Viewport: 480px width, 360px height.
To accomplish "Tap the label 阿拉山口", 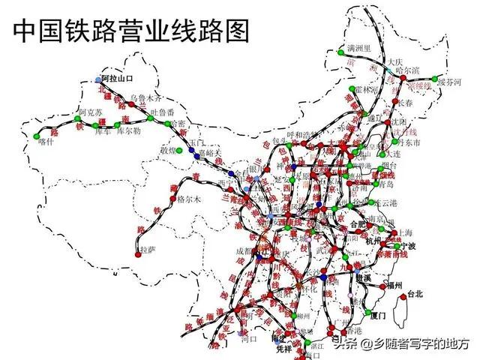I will (116, 78).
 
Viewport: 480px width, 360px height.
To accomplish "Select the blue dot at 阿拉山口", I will (97, 79).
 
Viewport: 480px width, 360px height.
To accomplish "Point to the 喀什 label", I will (46, 140).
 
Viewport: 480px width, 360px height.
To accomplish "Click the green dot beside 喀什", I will (37, 136).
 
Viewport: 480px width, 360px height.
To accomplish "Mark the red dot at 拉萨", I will (138, 254).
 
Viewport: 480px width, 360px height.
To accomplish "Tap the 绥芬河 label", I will (451, 82).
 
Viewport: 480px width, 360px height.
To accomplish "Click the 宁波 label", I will (409, 245).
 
